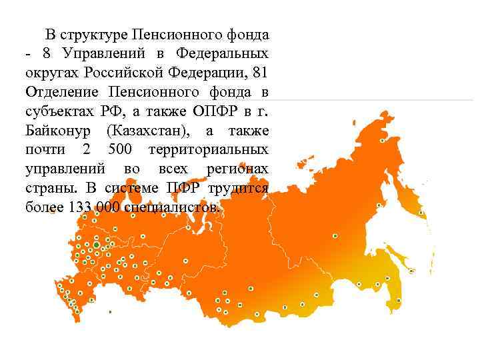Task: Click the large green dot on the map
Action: coord(97,245)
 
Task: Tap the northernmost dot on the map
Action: coord(382,141)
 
